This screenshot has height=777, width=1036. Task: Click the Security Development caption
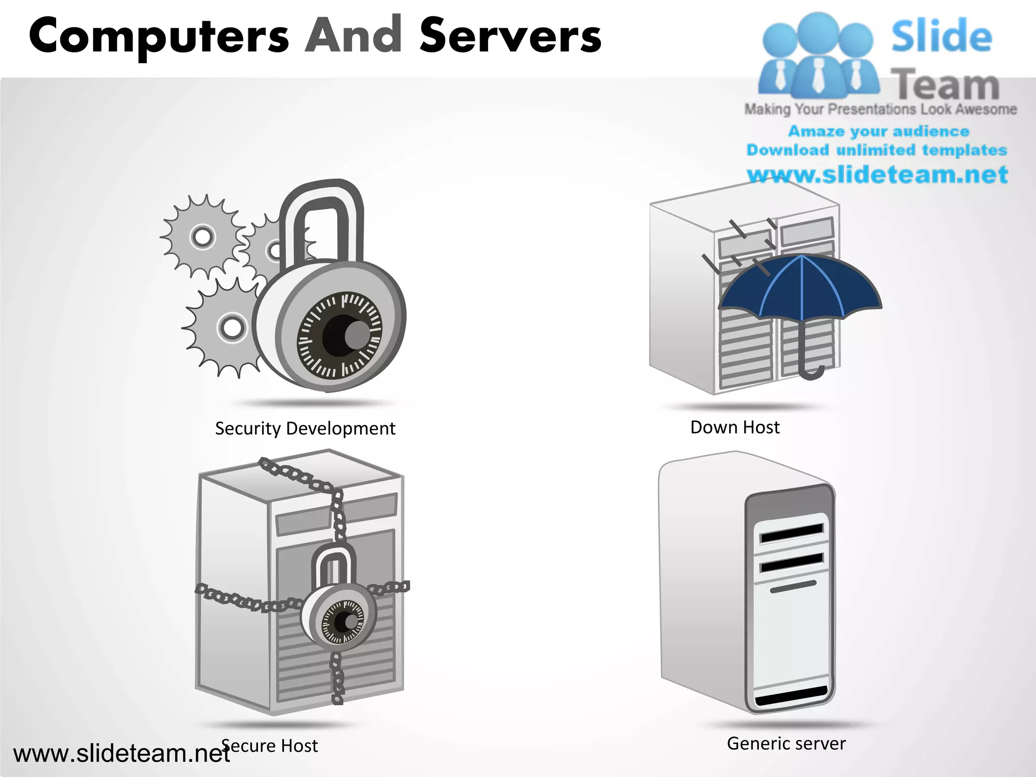(x=305, y=428)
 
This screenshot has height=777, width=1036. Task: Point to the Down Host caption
(x=735, y=427)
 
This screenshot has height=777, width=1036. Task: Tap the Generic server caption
(x=786, y=744)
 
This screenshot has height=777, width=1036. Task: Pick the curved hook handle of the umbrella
(x=811, y=372)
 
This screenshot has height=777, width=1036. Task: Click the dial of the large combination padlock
(x=340, y=334)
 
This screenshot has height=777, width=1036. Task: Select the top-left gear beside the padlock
(x=202, y=237)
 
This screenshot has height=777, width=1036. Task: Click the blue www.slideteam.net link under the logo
(x=878, y=175)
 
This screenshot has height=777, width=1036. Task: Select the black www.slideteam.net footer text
(x=121, y=754)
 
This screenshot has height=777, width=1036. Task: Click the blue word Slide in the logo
(x=941, y=36)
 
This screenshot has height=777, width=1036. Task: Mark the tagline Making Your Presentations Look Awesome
(x=880, y=109)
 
